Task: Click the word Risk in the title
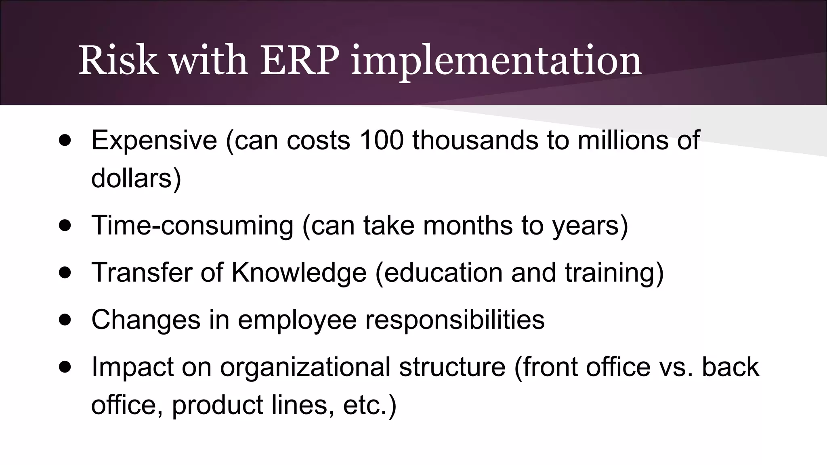pos(118,61)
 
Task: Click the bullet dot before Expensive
pos(65,140)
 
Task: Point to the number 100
pos(381,140)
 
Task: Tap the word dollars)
pos(136,178)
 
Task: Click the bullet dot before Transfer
pos(65,272)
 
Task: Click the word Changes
pos(146,320)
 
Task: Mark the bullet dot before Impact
pos(65,367)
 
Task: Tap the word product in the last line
pos(217,405)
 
